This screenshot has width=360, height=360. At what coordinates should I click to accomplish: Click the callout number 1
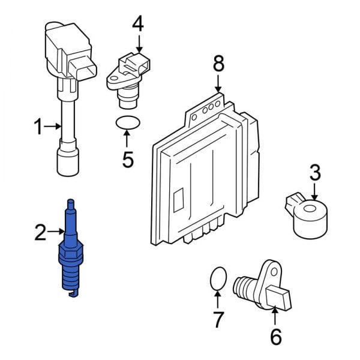point(38,127)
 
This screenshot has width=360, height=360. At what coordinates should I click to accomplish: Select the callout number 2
point(40,232)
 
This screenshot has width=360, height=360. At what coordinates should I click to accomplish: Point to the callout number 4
point(138,25)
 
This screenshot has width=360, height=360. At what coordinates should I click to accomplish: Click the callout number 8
point(218,62)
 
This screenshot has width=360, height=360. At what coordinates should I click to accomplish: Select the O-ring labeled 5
point(127,124)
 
